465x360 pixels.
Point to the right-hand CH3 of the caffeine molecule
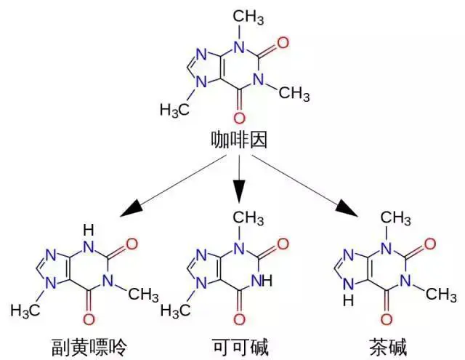click(294, 92)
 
